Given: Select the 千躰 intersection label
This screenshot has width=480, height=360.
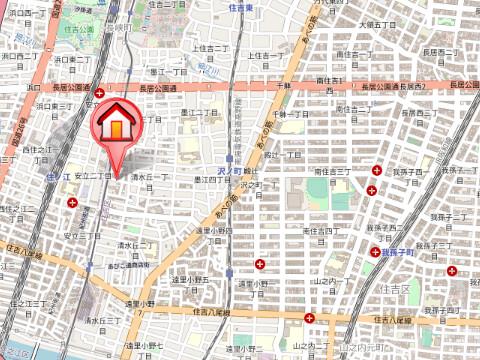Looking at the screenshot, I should (284, 87).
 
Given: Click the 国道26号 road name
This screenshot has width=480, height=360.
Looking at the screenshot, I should (18, 130).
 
